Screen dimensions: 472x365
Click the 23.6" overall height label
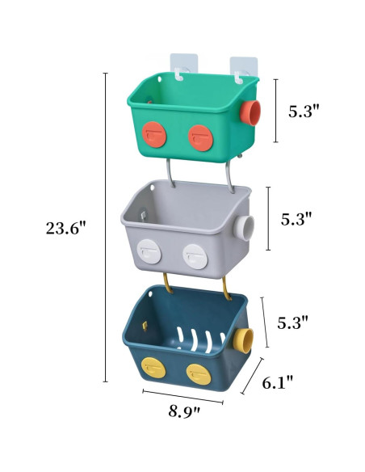(x=65, y=228)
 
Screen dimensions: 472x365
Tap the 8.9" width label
(x=185, y=411)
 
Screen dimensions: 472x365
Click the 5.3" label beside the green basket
(x=304, y=111)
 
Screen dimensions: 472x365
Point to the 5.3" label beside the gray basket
(x=296, y=219)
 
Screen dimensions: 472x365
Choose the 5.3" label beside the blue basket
(x=293, y=322)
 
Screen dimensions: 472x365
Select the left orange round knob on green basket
(x=153, y=134)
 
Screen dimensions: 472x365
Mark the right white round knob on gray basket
(x=192, y=254)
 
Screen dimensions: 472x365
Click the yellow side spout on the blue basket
(x=243, y=338)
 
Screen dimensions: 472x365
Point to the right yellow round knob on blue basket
(x=196, y=373)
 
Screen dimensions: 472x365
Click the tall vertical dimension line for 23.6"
(x=105, y=226)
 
